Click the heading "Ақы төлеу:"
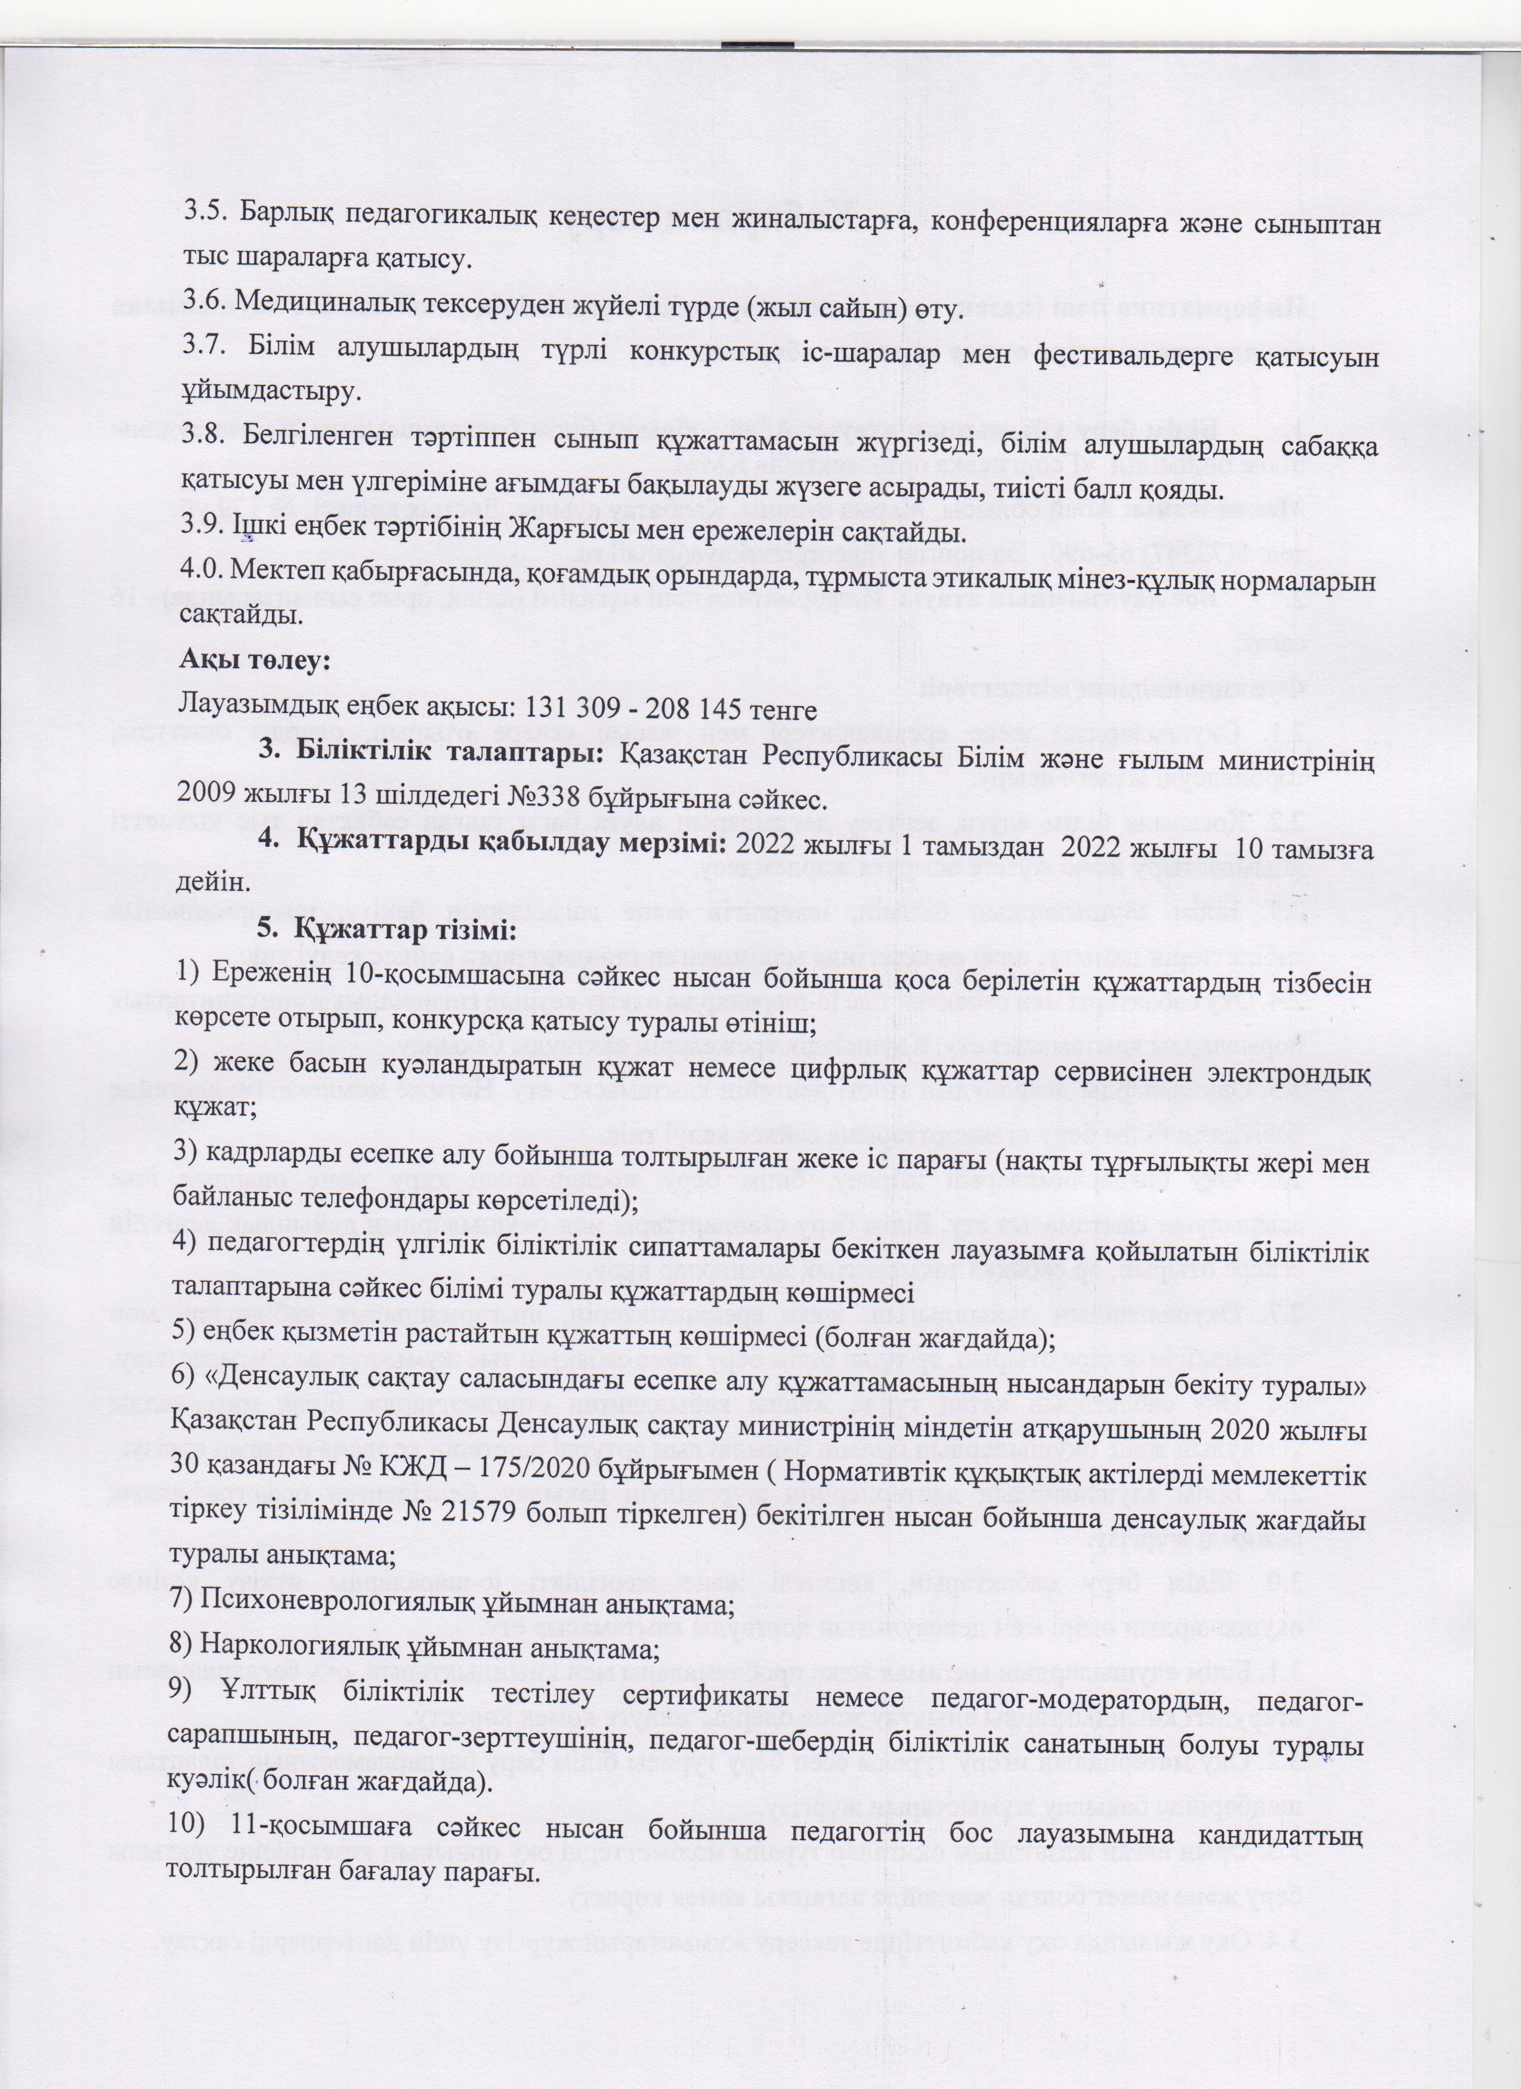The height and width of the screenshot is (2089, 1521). pos(255,661)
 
